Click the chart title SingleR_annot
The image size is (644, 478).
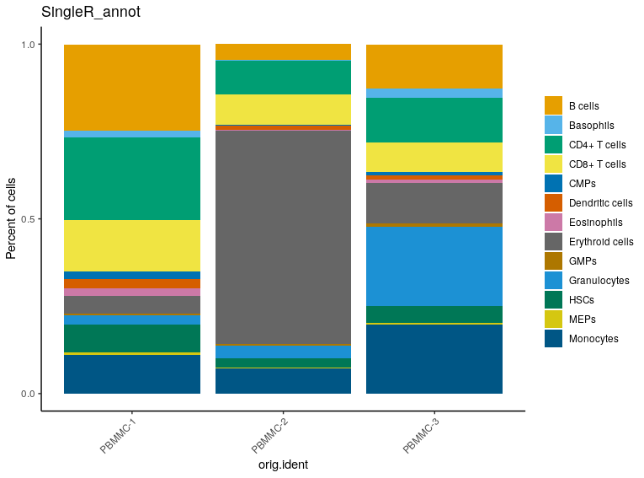(x=92, y=13)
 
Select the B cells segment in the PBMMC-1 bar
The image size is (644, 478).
(x=132, y=88)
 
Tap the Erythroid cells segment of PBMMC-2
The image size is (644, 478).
(x=283, y=236)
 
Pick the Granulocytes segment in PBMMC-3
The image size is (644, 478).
(x=434, y=266)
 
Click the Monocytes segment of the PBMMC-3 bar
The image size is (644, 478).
(x=434, y=359)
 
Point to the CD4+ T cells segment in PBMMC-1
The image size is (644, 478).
(x=132, y=179)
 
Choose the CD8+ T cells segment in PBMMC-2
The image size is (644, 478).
(x=283, y=109)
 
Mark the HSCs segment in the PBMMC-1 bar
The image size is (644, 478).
(x=132, y=338)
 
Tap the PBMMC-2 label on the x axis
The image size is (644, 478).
(x=271, y=436)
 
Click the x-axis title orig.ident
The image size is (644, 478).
(x=283, y=465)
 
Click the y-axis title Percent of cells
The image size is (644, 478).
(x=12, y=219)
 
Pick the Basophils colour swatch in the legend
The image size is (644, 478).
(x=553, y=125)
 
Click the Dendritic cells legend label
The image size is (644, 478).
(x=600, y=203)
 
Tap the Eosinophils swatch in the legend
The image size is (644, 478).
(x=553, y=223)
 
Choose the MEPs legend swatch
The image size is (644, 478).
(x=553, y=320)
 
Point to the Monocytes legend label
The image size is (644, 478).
(x=593, y=339)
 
